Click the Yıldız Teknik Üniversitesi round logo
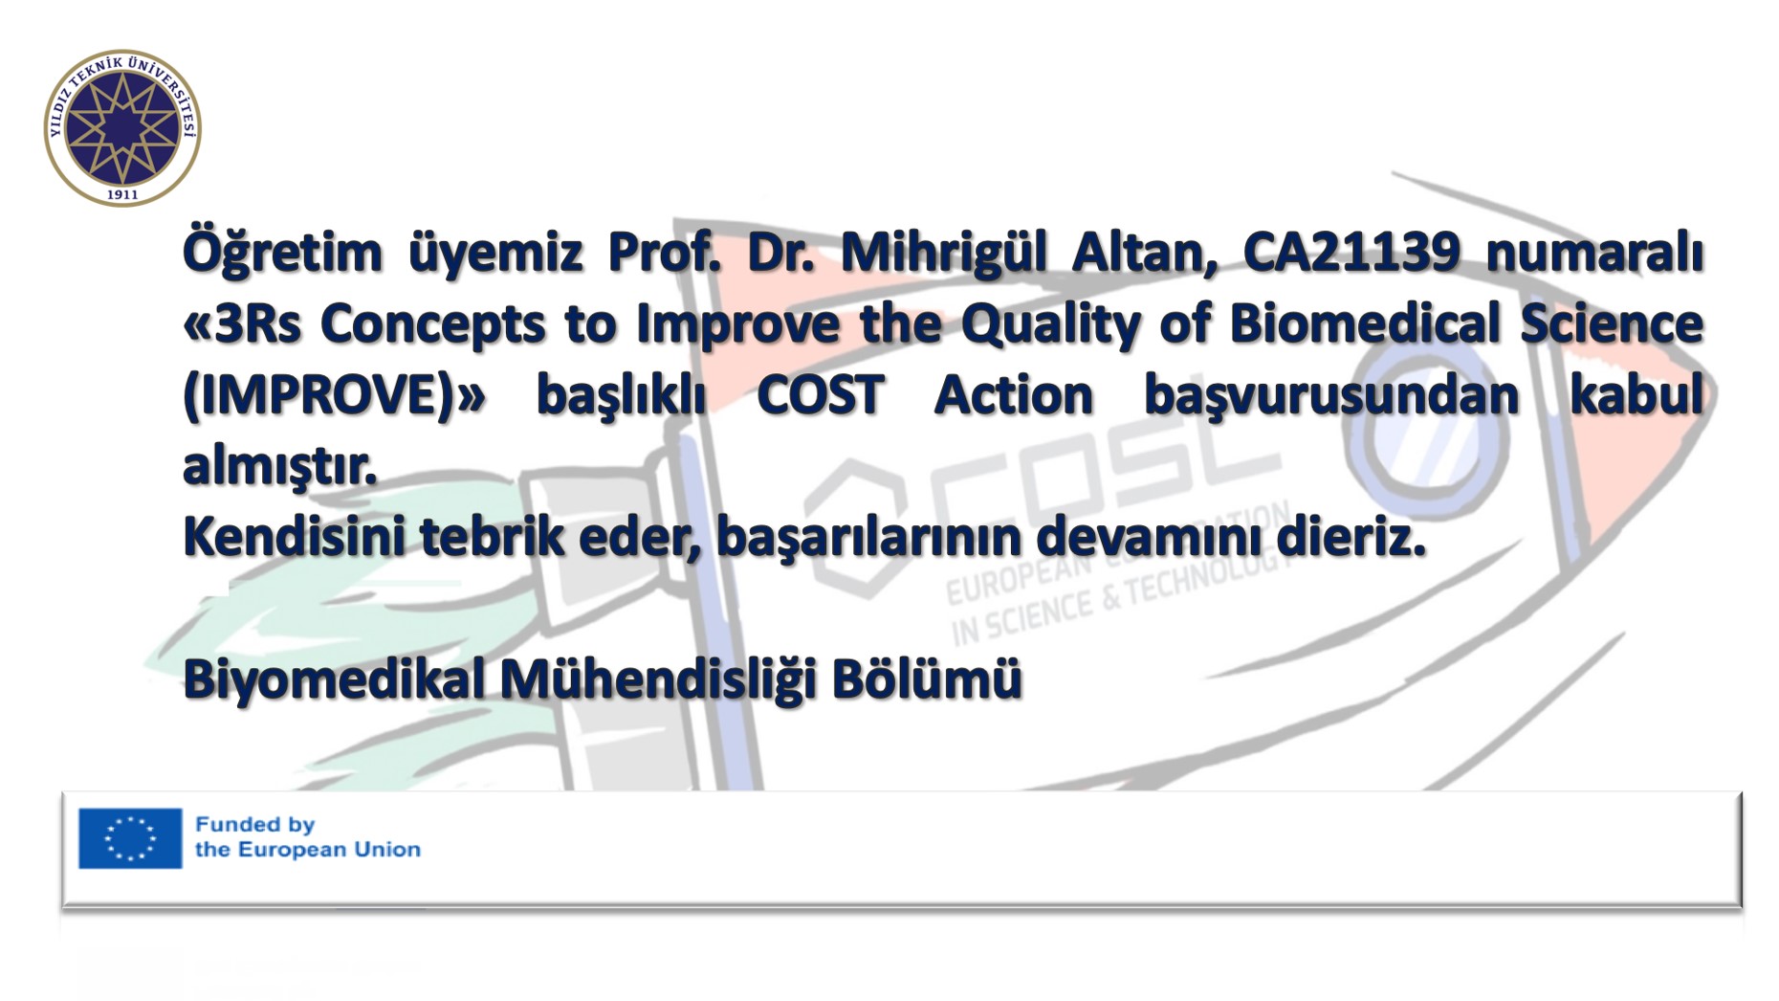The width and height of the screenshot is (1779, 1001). point(122,127)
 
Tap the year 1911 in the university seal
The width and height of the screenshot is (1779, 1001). point(122,194)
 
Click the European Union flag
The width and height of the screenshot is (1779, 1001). point(130,838)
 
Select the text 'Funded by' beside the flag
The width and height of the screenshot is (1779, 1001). point(254,824)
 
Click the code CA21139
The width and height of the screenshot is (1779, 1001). point(1351,253)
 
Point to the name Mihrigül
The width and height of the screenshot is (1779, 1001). point(943,253)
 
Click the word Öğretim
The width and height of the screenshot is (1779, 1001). point(282,252)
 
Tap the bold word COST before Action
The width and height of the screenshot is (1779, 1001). point(821,395)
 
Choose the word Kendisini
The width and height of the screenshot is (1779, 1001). point(294,536)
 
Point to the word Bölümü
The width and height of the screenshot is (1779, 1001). point(927,678)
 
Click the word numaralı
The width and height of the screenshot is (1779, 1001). point(1594,254)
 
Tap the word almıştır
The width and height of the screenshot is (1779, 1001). point(279,467)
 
